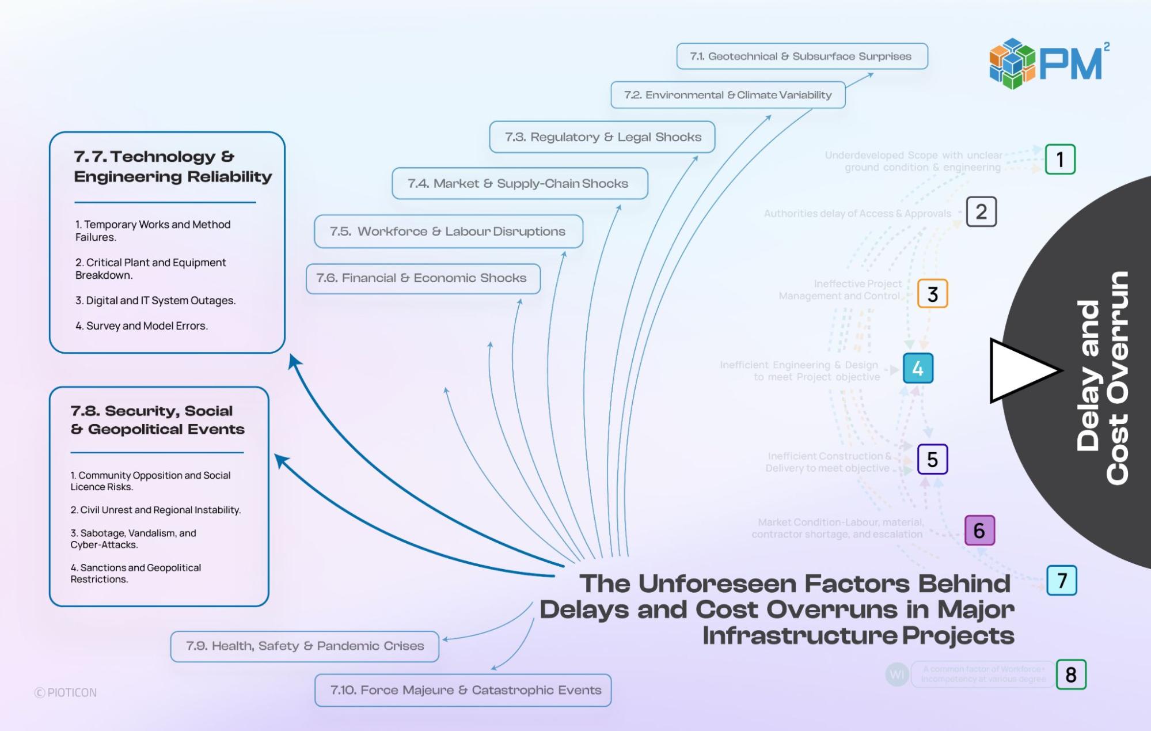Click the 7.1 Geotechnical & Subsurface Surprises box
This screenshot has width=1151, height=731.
pyautogui.click(x=801, y=56)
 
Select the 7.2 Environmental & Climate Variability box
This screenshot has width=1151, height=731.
pyautogui.click(x=728, y=95)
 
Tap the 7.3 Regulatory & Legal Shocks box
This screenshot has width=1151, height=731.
pyautogui.click(x=602, y=137)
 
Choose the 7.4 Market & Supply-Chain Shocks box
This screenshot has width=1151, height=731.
pyautogui.click(x=519, y=184)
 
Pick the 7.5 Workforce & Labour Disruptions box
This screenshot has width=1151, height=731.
pyautogui.click(x=448, y=232)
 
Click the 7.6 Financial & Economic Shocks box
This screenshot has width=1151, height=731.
pyautogui.click(x=423, y=278)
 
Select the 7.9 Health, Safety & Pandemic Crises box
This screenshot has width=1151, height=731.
pyautogui.click(x=305, y=646)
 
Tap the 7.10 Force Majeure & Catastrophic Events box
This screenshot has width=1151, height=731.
pyautogui.click(x=463, y=690)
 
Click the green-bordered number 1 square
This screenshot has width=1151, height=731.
pyautogui.click(x=1060, y=160)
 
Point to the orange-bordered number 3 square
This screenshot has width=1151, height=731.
pyautogui.click(x=932, y=294)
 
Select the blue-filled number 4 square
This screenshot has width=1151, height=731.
pyautogui.click(x=918, y=369)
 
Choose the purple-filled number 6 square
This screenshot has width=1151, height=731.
pyautogui.click(x=979, y=531)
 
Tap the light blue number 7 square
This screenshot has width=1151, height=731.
pyautogui.click(x=1062, y=580)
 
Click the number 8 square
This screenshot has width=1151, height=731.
pyautogui.click(x=1071, y=675)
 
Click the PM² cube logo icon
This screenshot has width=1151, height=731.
pyautogui.click(x=1012, y=63)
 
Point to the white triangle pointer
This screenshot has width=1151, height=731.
pyautogui.click(x=1019, y=370)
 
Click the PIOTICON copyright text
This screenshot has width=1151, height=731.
pyautogui.click(x=66, y=692)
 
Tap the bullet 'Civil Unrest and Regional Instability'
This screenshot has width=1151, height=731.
pyautogui.click(x=155, y=510)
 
